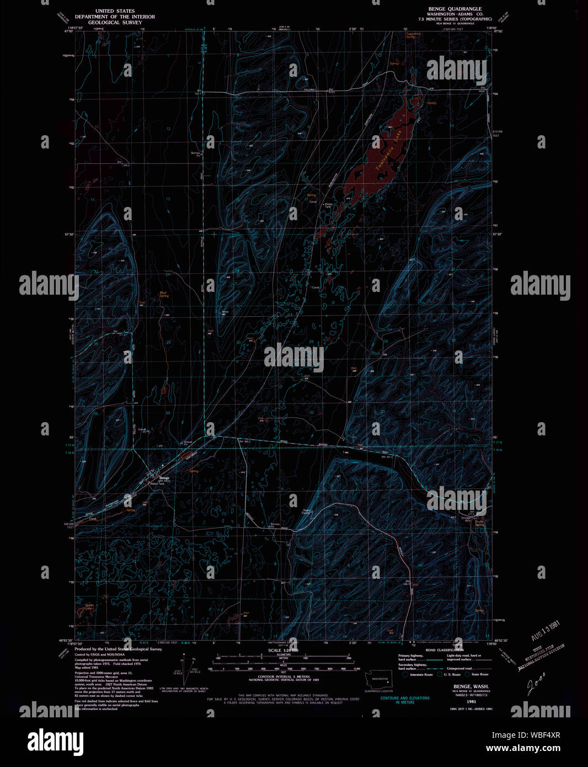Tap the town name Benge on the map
pyautogui.click(x=164, y=477)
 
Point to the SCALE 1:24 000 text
pyautogui.click(x=284, y=651)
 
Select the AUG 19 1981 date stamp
pyautogui.click(x=546, y=630)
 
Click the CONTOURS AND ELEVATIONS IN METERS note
pyautogui.click(x=405, y=700)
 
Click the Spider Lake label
pyautogui.click(x=89, y=607)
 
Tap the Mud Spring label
pyautogui.click(x=164, y=294)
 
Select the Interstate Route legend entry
pyautogui.click(x=418, y=674)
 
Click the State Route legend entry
pyautogui.click(x=478, y=674)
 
